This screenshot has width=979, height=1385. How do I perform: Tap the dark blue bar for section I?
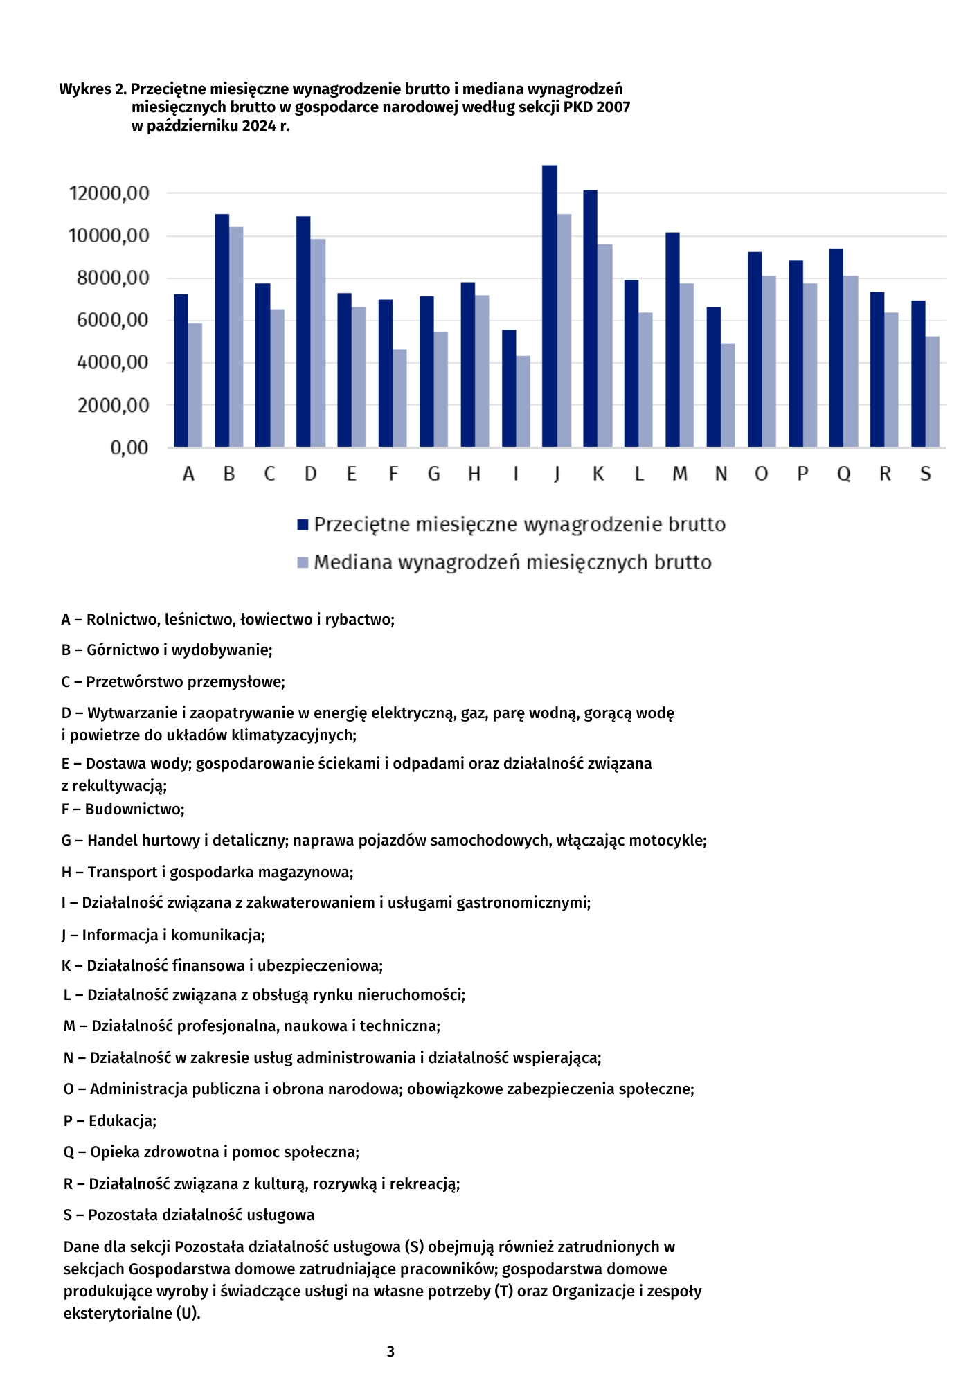509,388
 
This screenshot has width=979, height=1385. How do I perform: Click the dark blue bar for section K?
590,319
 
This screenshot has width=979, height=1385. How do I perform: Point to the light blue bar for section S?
933,391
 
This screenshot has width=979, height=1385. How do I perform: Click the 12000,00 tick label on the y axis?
109,193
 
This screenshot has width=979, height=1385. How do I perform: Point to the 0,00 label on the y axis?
129,447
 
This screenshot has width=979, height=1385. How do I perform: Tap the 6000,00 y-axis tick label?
113,320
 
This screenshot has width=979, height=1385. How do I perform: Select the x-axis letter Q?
843,474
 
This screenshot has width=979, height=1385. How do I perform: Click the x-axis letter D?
310,474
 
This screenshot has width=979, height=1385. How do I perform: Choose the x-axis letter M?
680,474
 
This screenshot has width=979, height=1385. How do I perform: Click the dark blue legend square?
303,525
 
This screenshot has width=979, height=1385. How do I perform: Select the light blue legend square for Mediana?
303,562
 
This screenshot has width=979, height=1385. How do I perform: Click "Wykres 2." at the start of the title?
93,89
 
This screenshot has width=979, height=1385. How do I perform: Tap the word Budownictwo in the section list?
134,809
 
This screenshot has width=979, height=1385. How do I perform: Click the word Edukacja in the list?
122,1120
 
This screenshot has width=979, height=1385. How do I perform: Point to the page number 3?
390,1351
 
